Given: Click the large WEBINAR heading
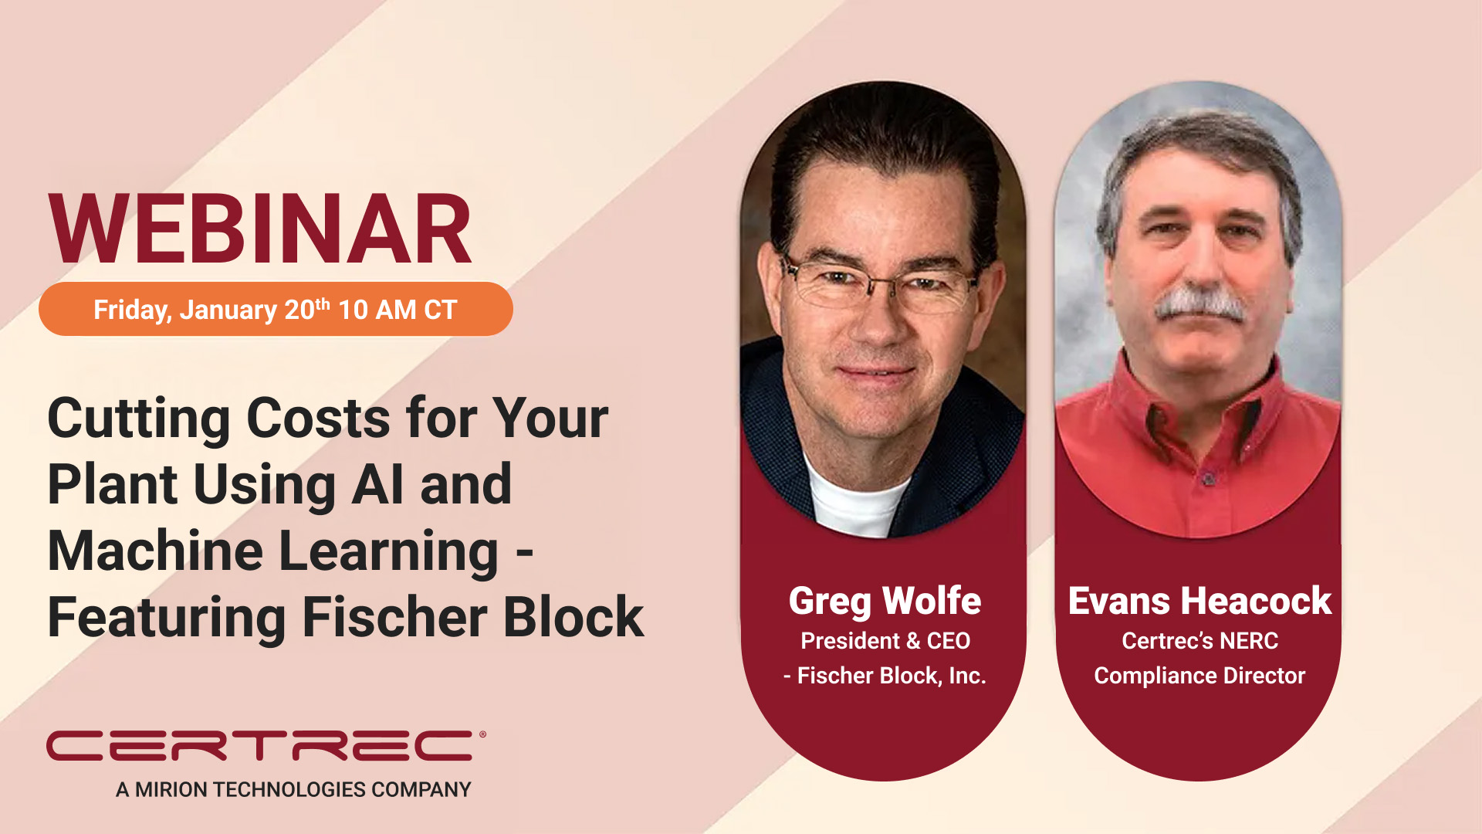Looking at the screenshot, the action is click(x=260, y=229).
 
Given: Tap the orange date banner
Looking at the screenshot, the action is click(x=276, y=309).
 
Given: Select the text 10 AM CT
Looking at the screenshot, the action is click(x=398, y=310).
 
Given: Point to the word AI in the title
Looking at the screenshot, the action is click(x=377, y=484).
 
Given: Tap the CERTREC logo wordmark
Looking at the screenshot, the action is click(x=260, y=745).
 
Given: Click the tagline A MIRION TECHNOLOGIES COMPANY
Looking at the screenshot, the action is click(x=293, y=789).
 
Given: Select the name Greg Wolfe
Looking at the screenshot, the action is click(x=885, y=602).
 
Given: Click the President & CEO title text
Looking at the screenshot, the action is click(x=885, y=641).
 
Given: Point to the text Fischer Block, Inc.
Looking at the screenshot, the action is click(x=892, y=676).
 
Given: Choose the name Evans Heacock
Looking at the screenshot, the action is click(x=1199, y=601).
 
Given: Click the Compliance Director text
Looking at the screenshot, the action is click(x=1199, y=676).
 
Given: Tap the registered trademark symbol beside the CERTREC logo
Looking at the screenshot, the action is click(x=482, y=734).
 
